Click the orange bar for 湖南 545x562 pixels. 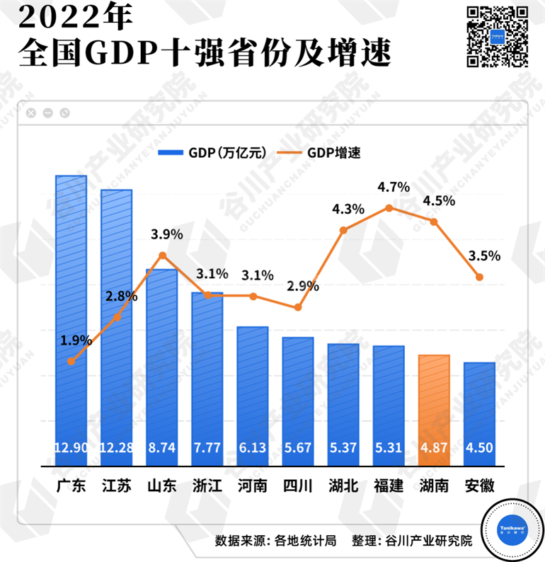click(x=434, y=411)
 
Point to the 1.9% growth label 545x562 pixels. click(x=76, y=340)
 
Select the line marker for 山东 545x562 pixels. click(x=162, y=255)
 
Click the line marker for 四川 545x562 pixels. click(x=298, y=308)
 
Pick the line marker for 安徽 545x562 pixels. click(x=479, y=277)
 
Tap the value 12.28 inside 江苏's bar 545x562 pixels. click(x=116, y=448)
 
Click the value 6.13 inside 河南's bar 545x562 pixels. click(x=253, y=448)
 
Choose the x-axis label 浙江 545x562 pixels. click(x=207, y=487)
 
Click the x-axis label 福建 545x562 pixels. click(x=389, y=487)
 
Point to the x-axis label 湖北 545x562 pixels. click(x=343, y=487)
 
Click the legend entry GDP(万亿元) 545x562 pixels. click(x=213, y=152)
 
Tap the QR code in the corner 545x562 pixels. click(x=498, y=36)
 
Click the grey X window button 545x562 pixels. click(x=31, y=113)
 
